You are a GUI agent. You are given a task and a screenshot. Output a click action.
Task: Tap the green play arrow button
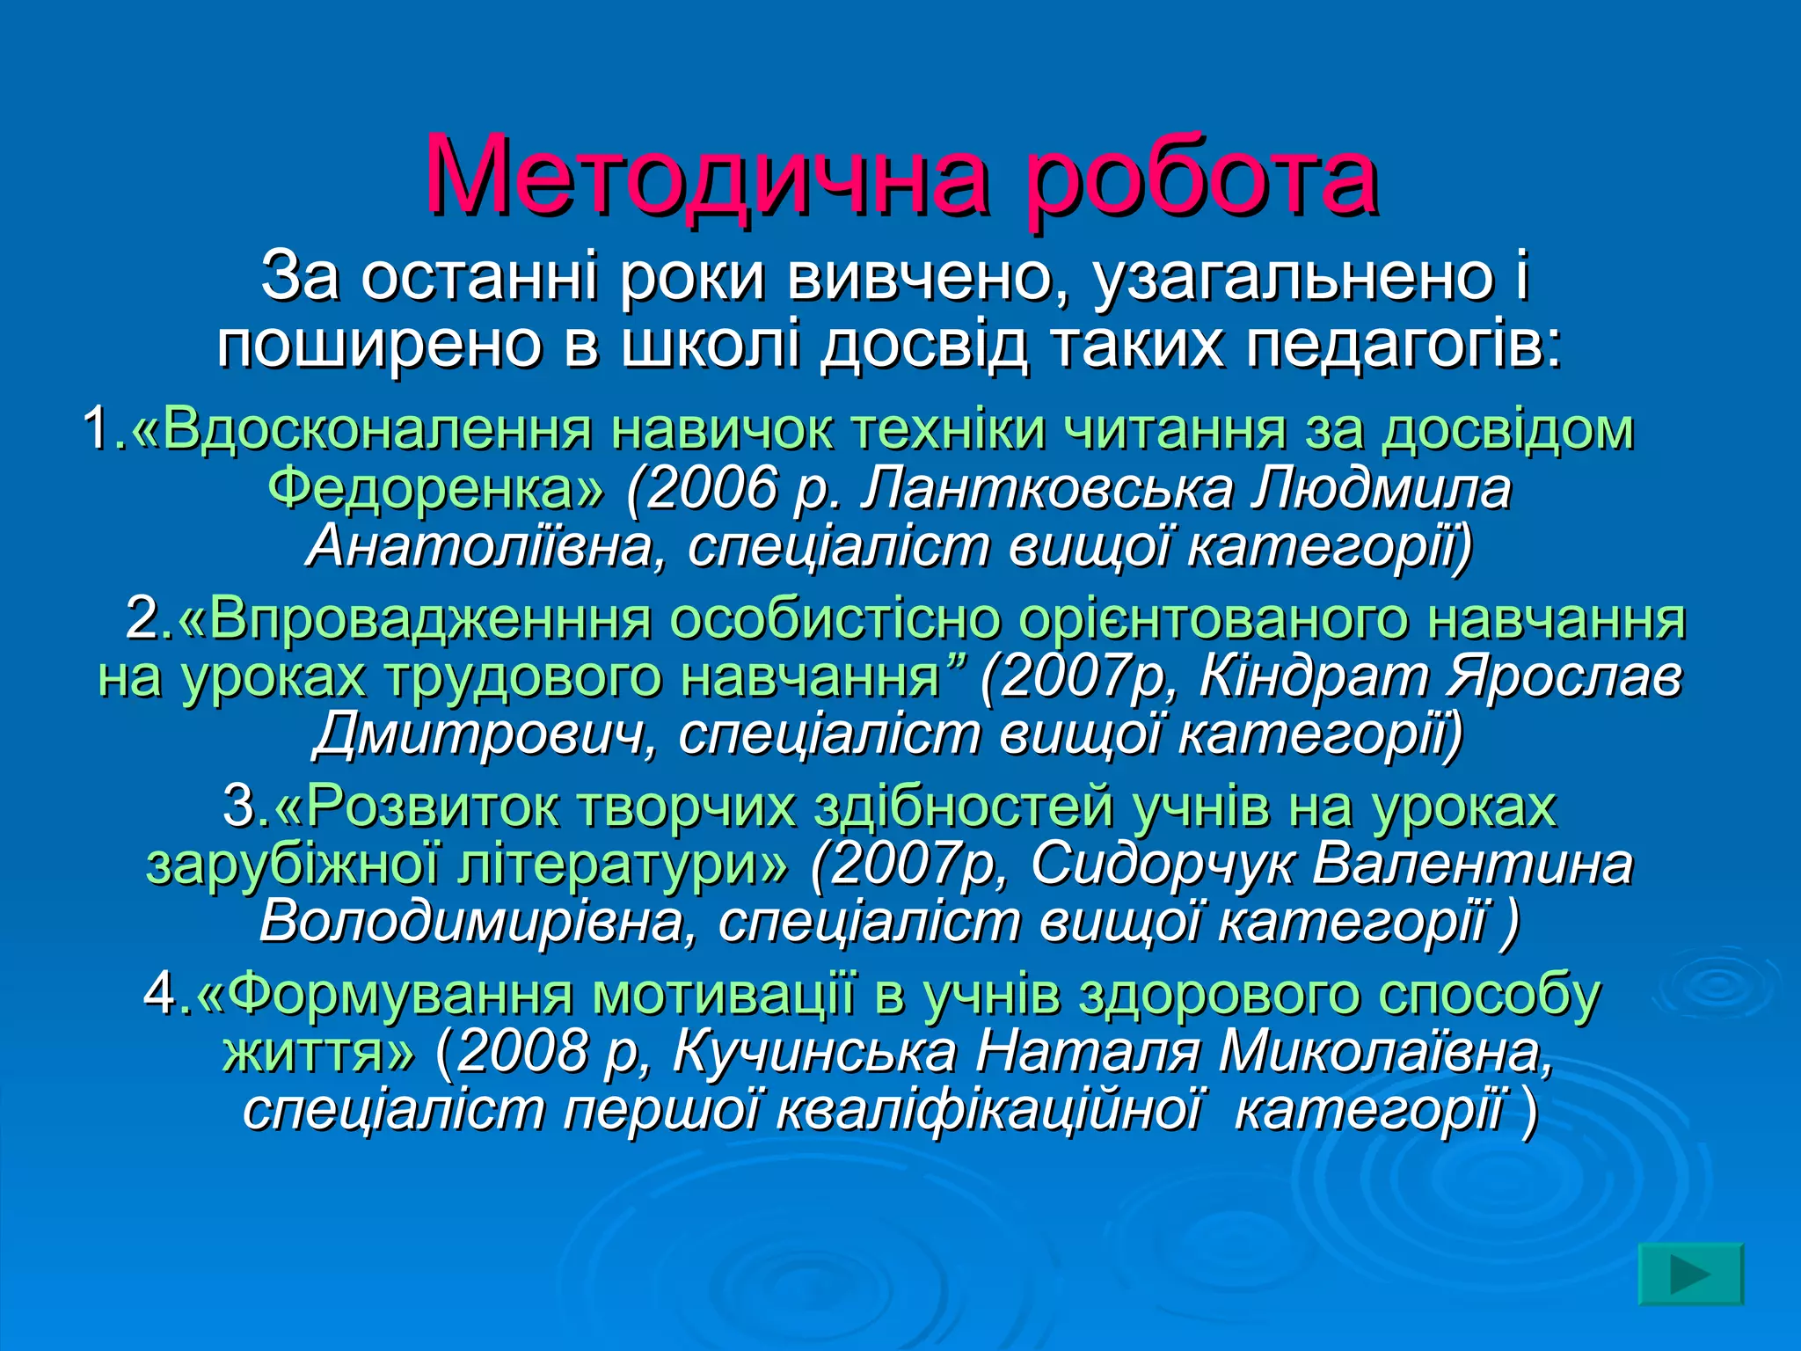(x=1690, y=1274)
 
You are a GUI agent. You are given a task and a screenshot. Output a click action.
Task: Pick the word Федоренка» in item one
(x=436, y=488)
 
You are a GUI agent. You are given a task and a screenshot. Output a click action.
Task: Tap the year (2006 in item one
(x=704, y=488)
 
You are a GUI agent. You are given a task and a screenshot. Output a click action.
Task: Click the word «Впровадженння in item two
(x=413, y=618)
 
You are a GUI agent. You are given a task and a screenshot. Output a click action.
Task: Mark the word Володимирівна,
(x=479, y=922)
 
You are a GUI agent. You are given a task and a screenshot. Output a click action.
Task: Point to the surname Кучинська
(x=814, y=1052)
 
